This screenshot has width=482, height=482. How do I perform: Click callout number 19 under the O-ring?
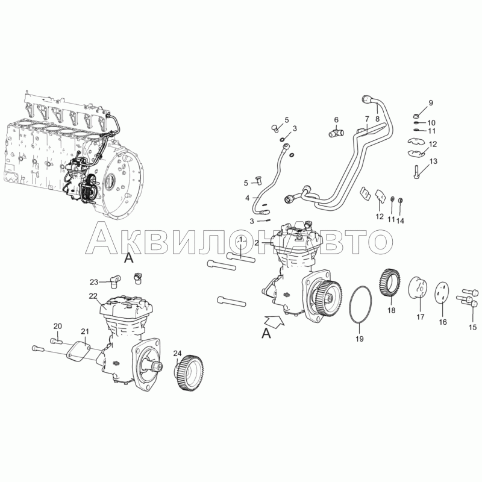[x=359, y=339]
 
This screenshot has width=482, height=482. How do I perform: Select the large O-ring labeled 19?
[x=350, y=305]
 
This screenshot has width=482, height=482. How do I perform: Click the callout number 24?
[x=177, y=354]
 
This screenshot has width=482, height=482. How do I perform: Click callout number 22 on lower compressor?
[x=93, y=296]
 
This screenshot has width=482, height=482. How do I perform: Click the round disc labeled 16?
[x=442, y=293]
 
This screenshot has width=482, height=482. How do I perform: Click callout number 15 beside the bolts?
[x=472, y=327]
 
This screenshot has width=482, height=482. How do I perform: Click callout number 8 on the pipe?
[x=378, y=119]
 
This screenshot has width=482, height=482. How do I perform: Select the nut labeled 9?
[x=415, y=116]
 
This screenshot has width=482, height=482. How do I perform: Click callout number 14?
[x=400, y=221]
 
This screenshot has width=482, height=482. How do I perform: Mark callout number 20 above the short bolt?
[x=58, y=326]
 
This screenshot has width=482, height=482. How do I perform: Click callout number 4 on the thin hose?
[x=247, y=198]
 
